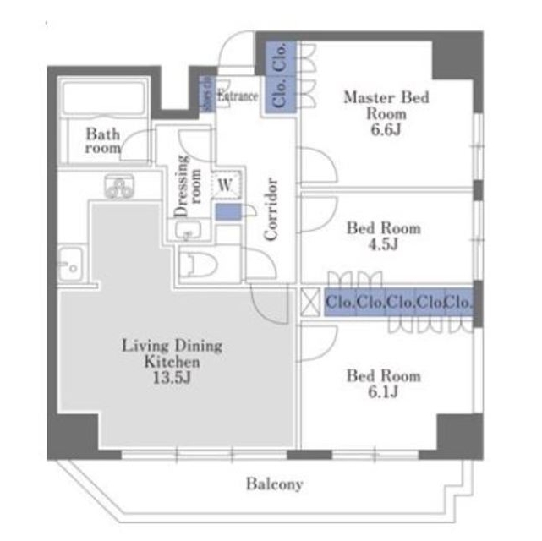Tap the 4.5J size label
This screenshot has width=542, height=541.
pos(383,245)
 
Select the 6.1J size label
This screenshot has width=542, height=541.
pos(383,392)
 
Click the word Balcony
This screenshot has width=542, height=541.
pos(275,484)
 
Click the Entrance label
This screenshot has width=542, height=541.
pos(238,96)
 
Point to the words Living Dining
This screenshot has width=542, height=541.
pos(172,345)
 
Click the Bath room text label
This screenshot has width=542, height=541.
pos(103,140)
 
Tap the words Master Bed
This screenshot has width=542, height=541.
pos(385,97)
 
